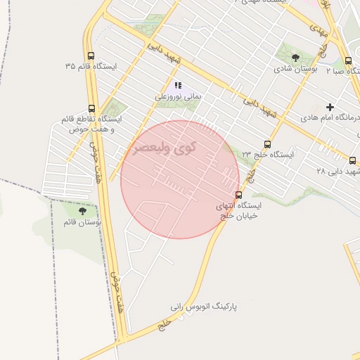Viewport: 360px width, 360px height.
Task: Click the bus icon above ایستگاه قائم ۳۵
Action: click(91, 56)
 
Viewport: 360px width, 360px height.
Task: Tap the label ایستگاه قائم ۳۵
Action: click(91, 66)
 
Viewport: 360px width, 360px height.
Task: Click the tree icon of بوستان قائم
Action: click(83, 210)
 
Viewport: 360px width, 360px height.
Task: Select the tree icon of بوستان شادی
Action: click(295, 58)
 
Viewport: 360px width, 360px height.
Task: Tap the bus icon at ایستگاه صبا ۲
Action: click(349, 60)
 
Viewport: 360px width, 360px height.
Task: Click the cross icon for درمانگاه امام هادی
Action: click(330, 108)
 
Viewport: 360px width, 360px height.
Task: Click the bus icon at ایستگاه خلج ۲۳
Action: click(266, 143)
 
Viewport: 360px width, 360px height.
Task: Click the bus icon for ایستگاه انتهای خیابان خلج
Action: click(239, 195)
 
